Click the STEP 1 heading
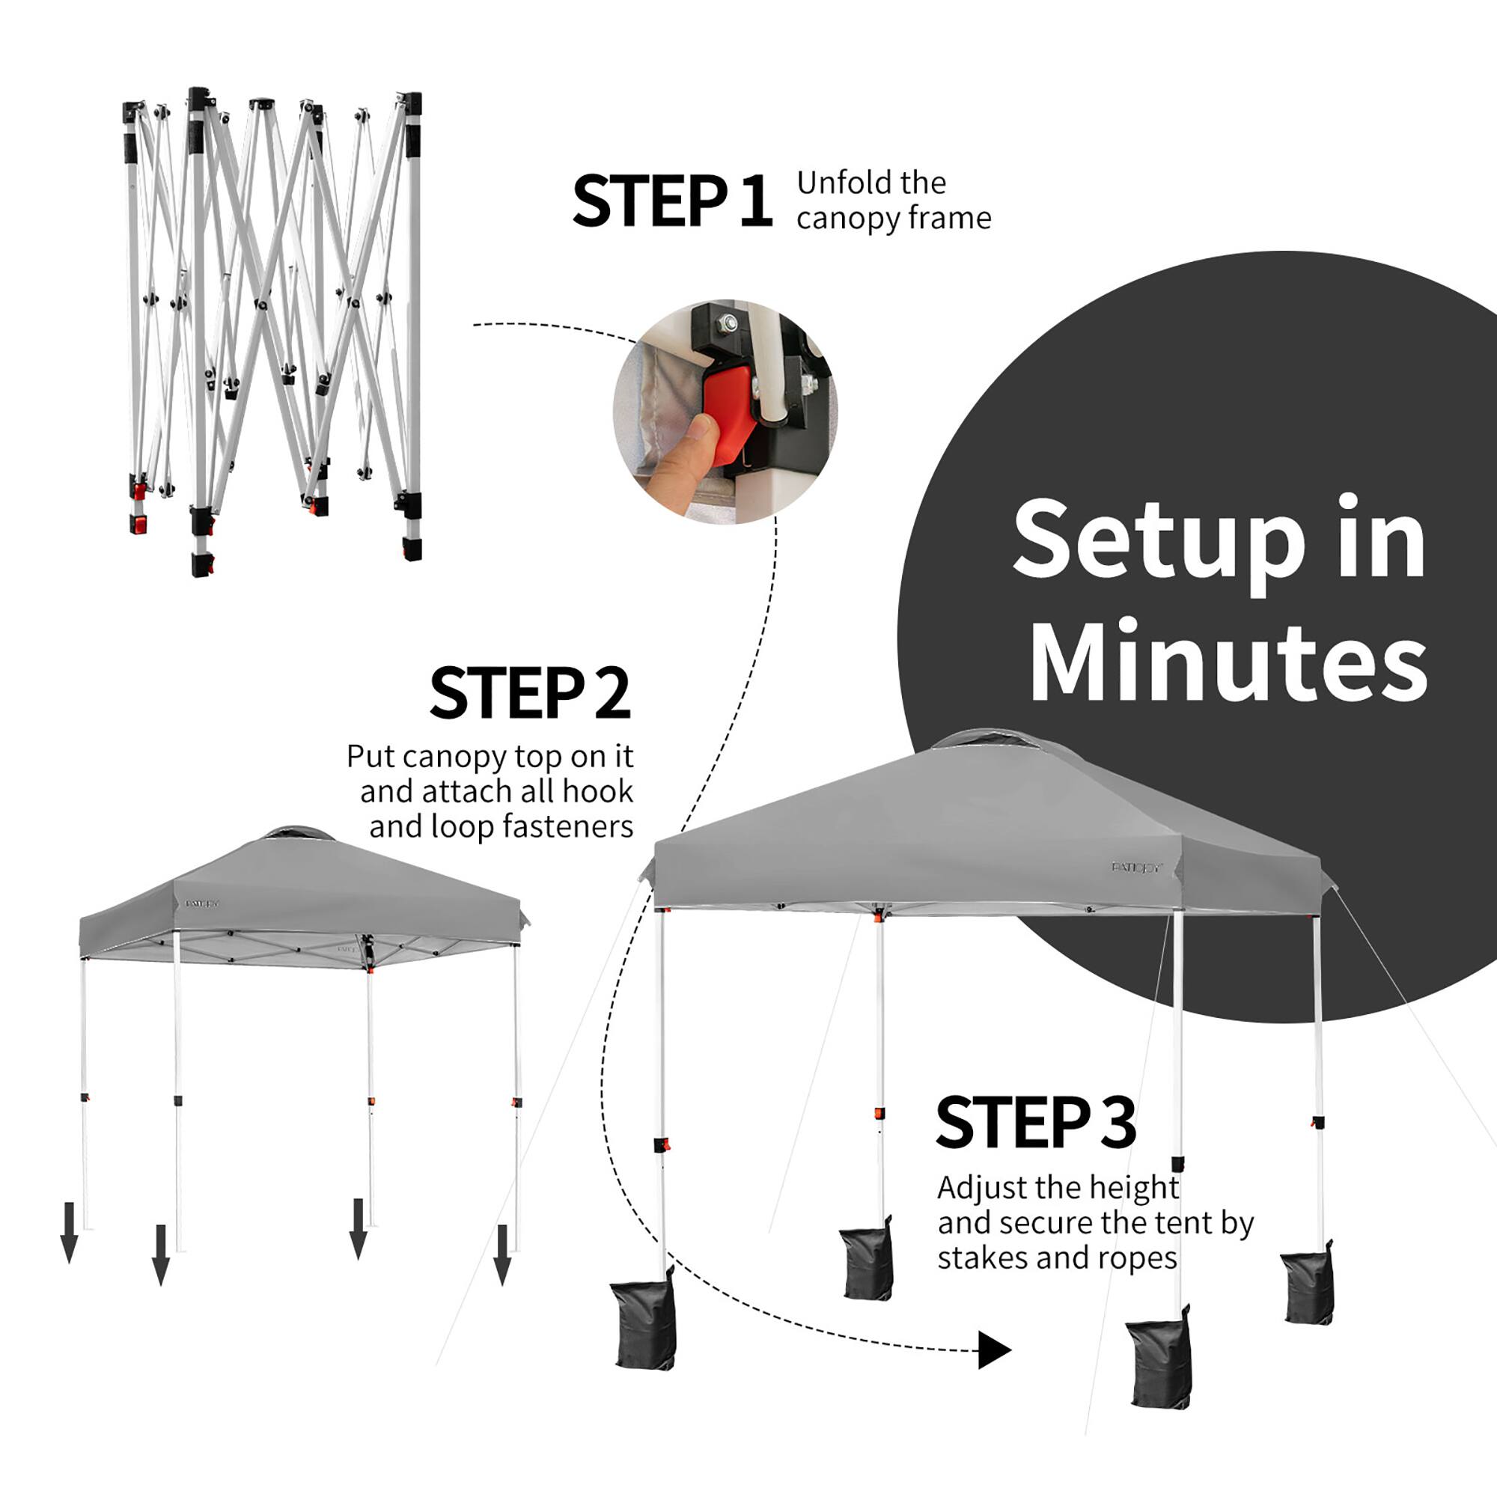coord(672,201)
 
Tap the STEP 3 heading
coord(1036,1123)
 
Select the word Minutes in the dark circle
coord(1228,659)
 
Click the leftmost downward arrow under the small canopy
coord(69,1232)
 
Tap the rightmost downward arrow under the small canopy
coord(502,1254)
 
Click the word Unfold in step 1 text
coord(839,183)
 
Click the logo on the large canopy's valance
coord(1138,867)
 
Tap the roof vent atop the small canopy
coord(299,834)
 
